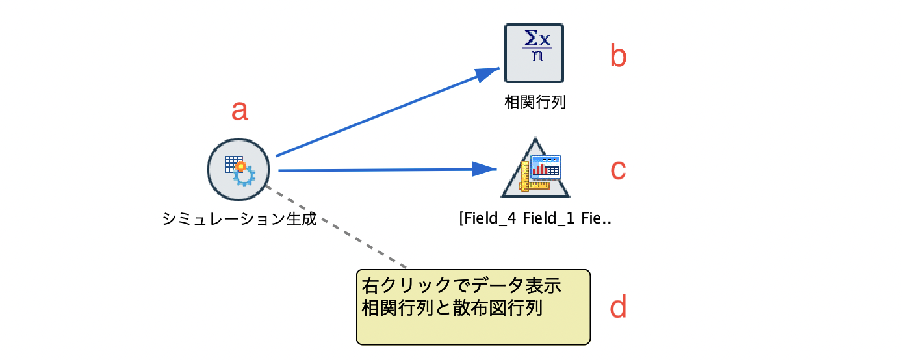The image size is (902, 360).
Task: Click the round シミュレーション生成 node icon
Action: (238, 170)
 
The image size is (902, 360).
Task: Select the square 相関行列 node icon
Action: (534, 53)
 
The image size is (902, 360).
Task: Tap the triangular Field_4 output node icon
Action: (535, 172)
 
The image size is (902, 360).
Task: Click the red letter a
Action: (240, 110)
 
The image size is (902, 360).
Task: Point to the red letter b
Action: (618, 57)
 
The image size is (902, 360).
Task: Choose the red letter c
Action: (618, 170)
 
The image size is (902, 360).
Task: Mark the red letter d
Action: (618, 307)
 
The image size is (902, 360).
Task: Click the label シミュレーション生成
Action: (239, 219)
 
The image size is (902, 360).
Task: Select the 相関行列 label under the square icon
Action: (535, 103)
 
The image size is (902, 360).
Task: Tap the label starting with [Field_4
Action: (535, 218)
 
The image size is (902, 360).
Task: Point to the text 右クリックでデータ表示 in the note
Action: (461, 286)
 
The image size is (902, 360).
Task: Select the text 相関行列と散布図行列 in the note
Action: (452, 307)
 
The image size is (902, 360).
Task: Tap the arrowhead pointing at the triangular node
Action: (485, 169)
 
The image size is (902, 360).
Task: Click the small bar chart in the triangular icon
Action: (539, 170)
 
